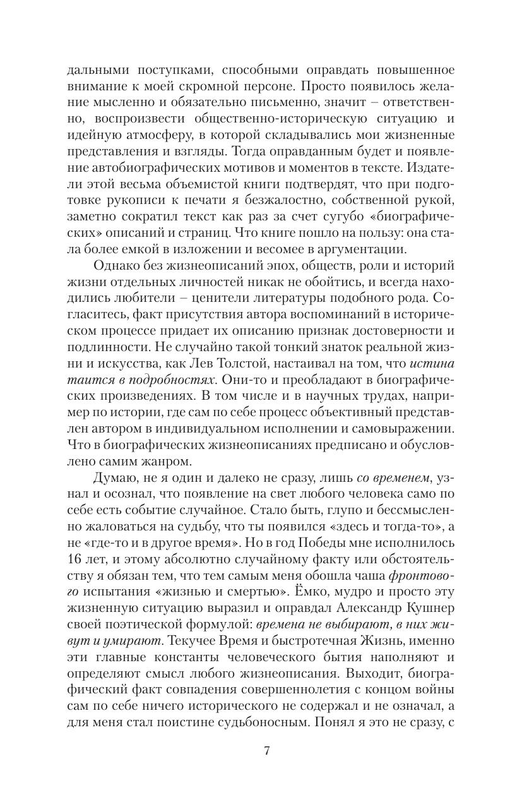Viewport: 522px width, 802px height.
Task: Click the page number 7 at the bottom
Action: pos(266,751)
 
